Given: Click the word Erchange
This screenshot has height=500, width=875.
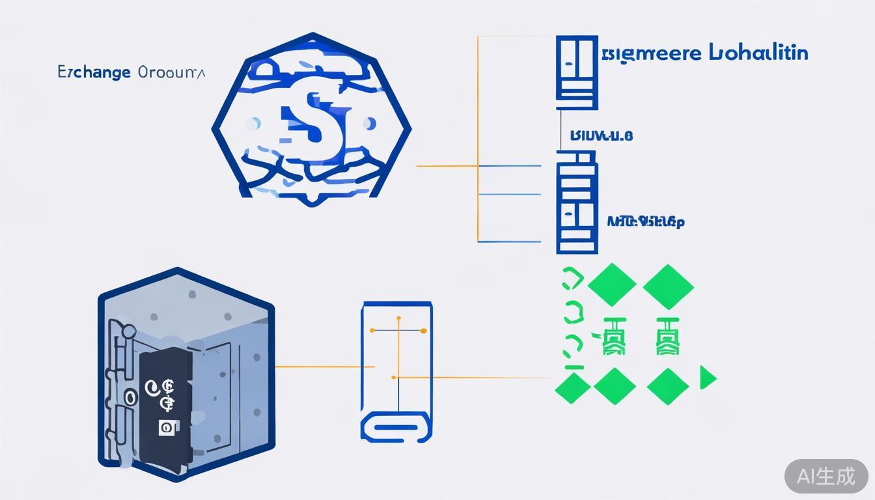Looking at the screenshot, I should [94, 72].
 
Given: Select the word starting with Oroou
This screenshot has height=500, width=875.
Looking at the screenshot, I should [171, 72].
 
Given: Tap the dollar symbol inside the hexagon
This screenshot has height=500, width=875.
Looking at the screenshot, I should [312, 118].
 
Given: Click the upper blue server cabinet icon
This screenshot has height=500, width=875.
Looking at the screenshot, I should [577, 72].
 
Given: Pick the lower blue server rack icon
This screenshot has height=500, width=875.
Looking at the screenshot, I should [577, 202].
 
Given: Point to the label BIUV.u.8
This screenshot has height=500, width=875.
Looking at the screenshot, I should [601, 135].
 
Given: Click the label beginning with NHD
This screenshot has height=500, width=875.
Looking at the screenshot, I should [645, 222].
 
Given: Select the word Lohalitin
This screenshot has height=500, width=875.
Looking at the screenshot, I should [758, 53].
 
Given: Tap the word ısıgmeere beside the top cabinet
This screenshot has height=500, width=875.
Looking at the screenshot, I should [650, 53].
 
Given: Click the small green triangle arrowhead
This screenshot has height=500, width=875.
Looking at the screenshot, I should [707, 378].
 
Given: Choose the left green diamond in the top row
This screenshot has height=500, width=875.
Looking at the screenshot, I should [612, 285].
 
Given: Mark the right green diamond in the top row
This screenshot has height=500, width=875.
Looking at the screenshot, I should [668, 286].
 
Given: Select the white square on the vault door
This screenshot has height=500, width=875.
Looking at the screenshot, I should [167, 428].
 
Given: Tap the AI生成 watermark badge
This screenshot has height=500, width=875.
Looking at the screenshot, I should [826, 476].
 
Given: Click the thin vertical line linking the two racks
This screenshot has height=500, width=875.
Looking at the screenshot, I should [561, 130].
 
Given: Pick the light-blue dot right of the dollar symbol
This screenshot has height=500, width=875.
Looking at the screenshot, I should [370, 123].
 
